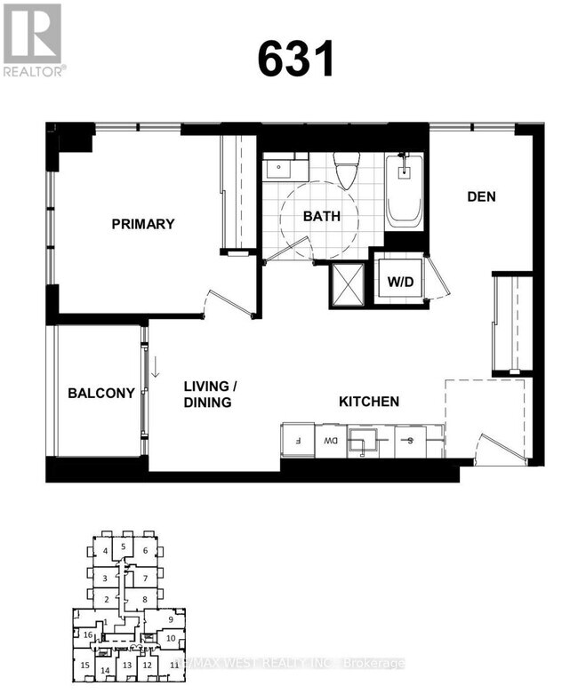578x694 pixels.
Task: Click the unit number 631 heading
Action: coord(296,60)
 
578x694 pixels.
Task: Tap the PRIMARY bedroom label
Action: coord(143,224)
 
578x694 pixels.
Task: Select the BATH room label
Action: coord(321,216)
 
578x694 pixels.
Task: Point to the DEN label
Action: coord(481,196)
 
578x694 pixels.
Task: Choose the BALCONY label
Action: coord(101,393)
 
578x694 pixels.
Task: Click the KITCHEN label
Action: coord(368,402)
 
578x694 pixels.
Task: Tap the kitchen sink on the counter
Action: coord(364,440)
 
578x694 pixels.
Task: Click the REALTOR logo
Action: coord(33,39)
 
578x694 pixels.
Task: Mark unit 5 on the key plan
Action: coord(123,546)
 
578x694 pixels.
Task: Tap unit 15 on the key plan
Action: coord(84,665)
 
